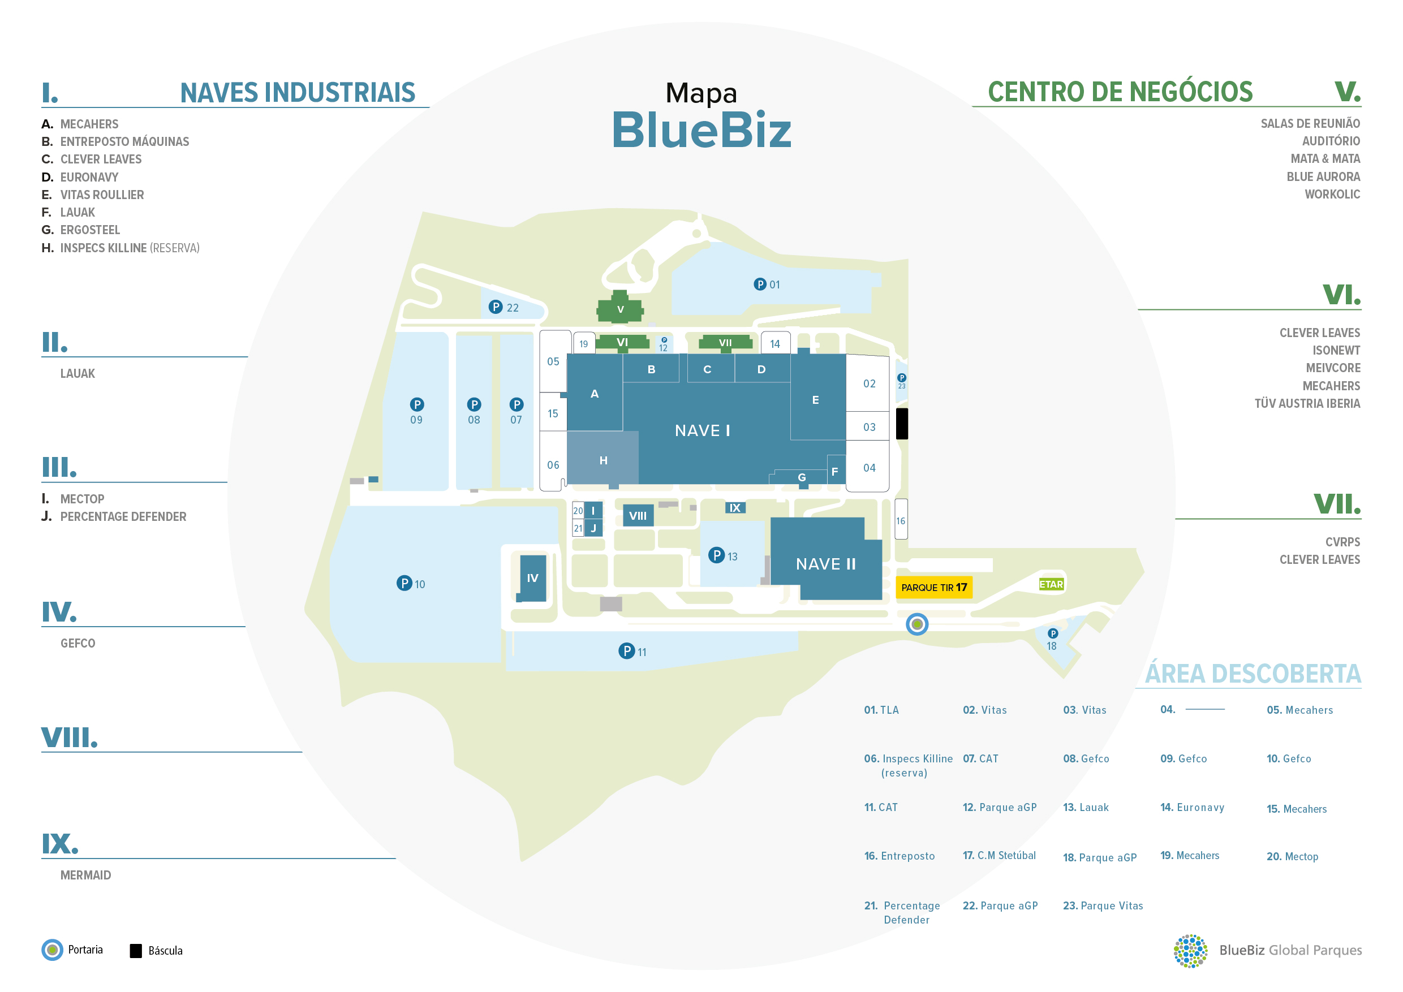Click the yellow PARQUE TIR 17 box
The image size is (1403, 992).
tap(933, 587)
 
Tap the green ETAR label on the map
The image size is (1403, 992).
tap(1051, 584)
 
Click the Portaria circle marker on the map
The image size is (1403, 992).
tap(916, 624)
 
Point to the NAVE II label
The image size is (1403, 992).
tap(825, 564)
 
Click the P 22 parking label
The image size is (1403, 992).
tap(504, 307)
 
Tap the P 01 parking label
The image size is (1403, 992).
tap(767, 284)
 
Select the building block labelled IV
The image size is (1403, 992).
tap(533, 578)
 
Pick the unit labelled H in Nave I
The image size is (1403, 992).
tap(603, 460)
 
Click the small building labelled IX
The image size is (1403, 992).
tap(735, 508)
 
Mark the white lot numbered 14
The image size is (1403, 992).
tap(775, 344)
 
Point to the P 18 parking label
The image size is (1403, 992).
tap(1052, 640)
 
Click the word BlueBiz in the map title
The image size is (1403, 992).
tap(701, 130)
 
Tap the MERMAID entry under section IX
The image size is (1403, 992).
tap(85, 875)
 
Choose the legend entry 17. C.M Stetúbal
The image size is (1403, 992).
tap(999, 855)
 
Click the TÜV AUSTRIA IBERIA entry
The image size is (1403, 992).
tap(1307, 403)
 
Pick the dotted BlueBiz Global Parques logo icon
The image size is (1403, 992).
tap(1190, 951)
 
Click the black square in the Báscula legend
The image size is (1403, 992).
tap(136, 951)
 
